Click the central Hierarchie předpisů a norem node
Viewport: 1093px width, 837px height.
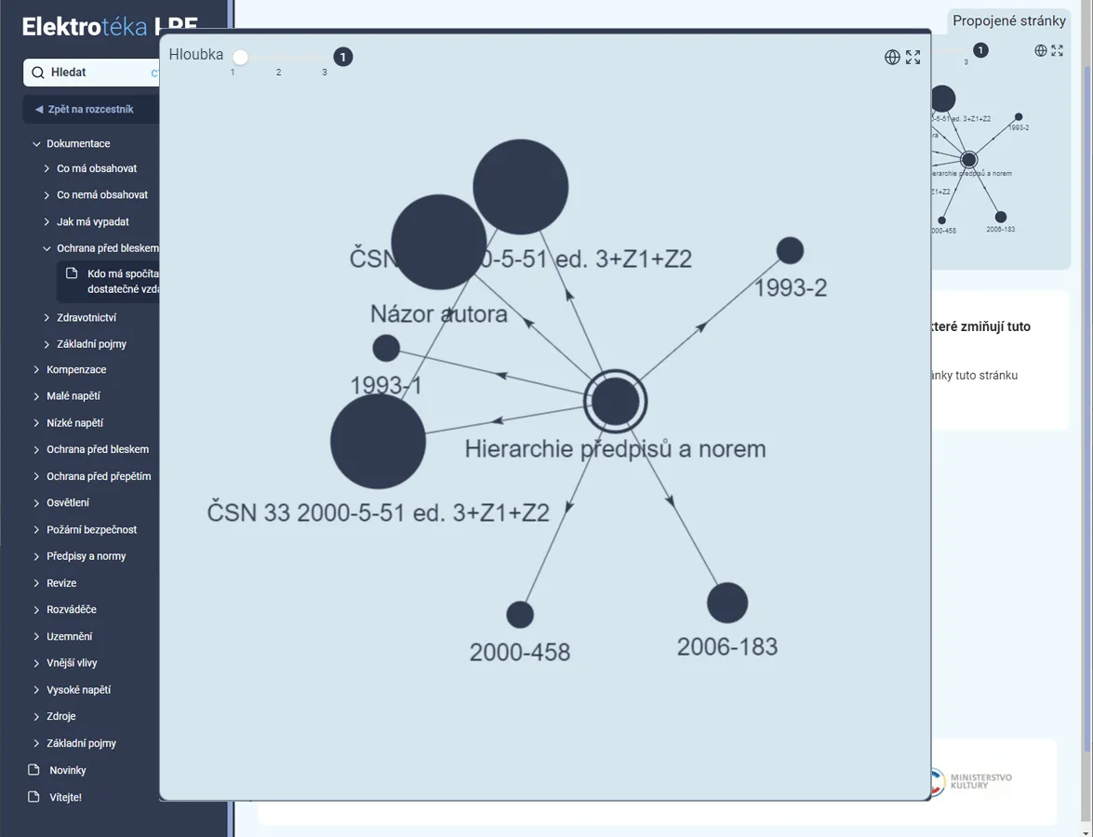click(x=615, y=402)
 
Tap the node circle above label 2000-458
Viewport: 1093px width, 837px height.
click(x=520, y=615)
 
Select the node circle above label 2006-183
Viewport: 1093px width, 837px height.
click(x=727, y=603)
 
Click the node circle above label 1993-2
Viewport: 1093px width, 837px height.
click(x=790, y=250)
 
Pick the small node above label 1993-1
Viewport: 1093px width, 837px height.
click(x=386, y=349)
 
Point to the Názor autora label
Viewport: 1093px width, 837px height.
click(x=439, y=313)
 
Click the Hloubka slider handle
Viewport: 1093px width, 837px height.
click(x=241, y=58)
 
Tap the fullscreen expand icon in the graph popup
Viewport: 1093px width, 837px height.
click(x=913, y=58)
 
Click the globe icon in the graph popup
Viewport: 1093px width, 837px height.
click(x=892, y=58)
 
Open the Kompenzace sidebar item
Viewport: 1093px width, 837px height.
click(x=76, y=370)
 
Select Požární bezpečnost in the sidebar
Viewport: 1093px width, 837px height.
click(x=91, y=530)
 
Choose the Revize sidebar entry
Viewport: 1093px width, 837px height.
click(x=61, y=583)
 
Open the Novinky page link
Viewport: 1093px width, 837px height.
click(x=67, y=770)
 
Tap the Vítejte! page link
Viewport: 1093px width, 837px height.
click(x=65, y=797)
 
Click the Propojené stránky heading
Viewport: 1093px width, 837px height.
click(x=1008, y=21)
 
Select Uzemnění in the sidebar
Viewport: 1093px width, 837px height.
click(x=69, y=637)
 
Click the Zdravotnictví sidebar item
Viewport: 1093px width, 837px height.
click(x=87, y=318)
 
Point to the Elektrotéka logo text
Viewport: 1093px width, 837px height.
click(x=85, y=27)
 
